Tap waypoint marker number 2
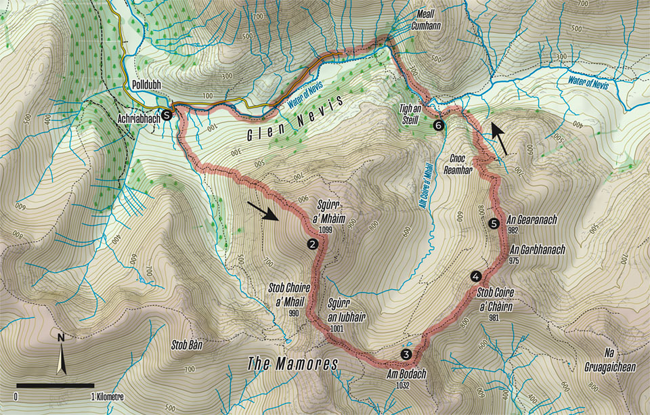pos(312,244)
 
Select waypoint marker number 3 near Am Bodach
pos(406,354)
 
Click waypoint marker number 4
pos(476,276)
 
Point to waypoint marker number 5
pos(494,222)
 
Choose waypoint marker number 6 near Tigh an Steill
pos(439,125)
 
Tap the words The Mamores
pos(292,364)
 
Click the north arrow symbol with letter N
pos(62,356)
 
